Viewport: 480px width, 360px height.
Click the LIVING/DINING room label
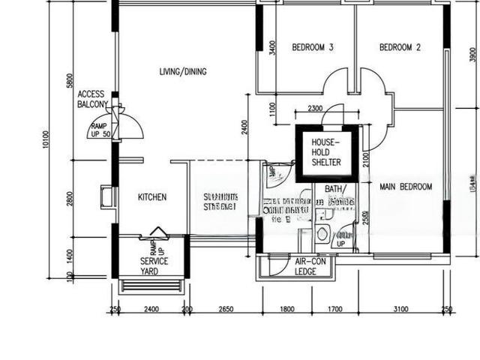coord(183,72)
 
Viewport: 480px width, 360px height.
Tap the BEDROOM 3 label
coord(312,47)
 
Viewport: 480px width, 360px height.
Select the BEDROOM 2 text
coord(400,47)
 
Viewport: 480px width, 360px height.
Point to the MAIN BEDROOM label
coord(405,187)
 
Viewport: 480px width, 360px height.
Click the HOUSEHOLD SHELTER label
coord(326,152)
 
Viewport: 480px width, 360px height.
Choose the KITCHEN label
coord(152,197)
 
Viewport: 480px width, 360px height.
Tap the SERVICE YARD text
coord(154,266)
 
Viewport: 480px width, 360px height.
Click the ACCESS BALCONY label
coord(93,99)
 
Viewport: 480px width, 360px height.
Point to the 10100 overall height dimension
coord(46,139)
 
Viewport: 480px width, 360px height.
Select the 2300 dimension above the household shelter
coord(315,109)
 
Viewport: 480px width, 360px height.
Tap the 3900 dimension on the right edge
coord(471,54)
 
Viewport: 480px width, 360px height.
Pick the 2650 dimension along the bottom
coord(225,309)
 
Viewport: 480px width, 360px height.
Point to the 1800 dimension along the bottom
coord(286,309)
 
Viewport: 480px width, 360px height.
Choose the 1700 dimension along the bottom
coord(335,309)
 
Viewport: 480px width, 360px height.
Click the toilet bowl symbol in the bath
coord(322,234)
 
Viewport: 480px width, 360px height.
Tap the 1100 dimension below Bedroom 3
coord(271,109)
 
